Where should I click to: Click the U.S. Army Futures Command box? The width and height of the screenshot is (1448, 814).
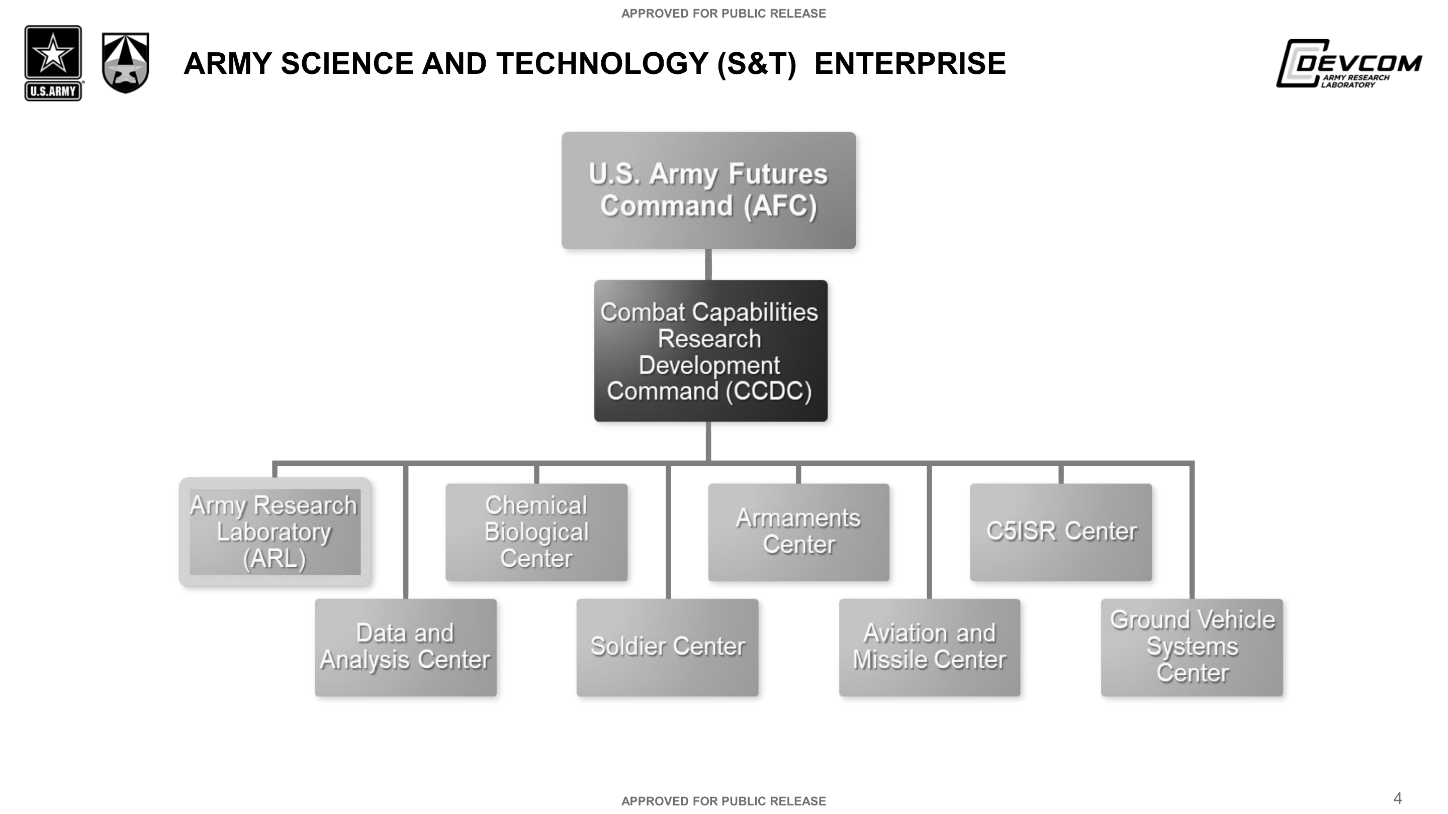click(x=708, y=190)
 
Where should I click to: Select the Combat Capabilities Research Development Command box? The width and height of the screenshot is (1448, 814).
click(x=710, y=351)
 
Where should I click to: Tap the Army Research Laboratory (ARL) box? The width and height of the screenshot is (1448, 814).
click(x=275, y=532)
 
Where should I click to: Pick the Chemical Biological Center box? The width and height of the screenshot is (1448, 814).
click(x=536, y=532)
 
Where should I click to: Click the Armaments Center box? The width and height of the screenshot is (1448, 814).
click(x=799, y=532)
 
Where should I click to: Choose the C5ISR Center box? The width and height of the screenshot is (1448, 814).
click(x=1061, y=532)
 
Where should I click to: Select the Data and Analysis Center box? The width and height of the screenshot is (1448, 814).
click(x=405, y=647)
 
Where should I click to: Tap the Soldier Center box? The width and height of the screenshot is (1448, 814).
click(x=667, y=647)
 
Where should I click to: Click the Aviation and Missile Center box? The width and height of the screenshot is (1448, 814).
click(x=930, y=647)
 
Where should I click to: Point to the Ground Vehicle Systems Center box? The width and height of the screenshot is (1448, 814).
click(x=1192, y=647)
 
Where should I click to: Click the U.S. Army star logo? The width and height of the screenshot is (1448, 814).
click(x=53, y=63)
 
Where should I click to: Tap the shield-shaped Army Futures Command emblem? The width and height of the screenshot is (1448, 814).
click(x=125, y=63)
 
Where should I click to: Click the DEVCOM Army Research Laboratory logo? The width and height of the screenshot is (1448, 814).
click(x=1348, y=63)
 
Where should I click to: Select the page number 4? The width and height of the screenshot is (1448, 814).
click(x=1397, y=798)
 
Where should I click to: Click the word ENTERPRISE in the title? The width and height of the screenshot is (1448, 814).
click(x=910, y=63)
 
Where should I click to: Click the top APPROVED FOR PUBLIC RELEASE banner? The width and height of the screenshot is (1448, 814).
click(x=723, y=14)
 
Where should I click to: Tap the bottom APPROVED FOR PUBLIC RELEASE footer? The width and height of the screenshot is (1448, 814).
click(x=723, y=801)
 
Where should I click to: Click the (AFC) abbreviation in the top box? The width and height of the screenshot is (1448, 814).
click(x=780, y=206)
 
